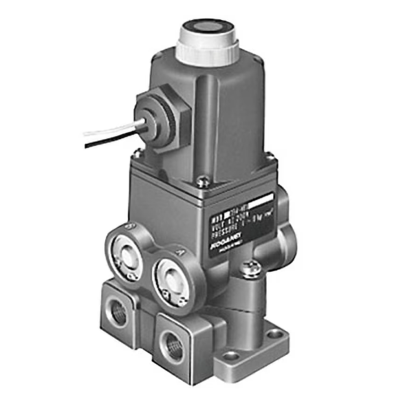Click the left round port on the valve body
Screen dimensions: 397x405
[x=126, y=253]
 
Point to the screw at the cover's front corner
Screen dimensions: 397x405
[x=201, y=183]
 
